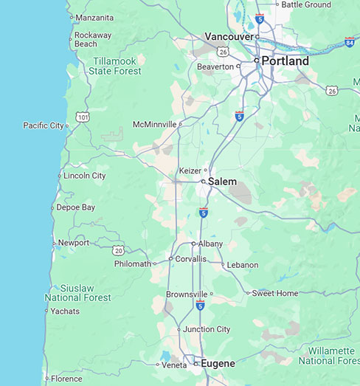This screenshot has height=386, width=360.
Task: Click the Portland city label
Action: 285,61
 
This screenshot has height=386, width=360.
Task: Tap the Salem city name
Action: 222,181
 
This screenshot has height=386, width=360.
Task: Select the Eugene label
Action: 218,363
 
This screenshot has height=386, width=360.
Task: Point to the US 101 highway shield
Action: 83,117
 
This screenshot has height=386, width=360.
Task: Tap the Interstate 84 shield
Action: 349,42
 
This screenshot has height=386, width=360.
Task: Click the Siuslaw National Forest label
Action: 77,292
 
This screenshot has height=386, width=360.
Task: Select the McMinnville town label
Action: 154,124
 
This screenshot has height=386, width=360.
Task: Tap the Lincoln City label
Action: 84,176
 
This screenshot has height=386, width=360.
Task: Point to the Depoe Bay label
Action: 75,207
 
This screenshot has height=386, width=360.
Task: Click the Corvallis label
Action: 190,259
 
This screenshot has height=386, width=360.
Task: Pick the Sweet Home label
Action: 274,293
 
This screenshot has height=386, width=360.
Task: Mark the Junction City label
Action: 207,329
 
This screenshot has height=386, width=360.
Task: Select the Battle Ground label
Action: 306,4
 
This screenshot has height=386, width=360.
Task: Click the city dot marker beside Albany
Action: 193,244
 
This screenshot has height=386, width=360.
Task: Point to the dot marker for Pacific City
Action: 67,126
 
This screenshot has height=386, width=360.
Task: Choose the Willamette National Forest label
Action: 330,356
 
